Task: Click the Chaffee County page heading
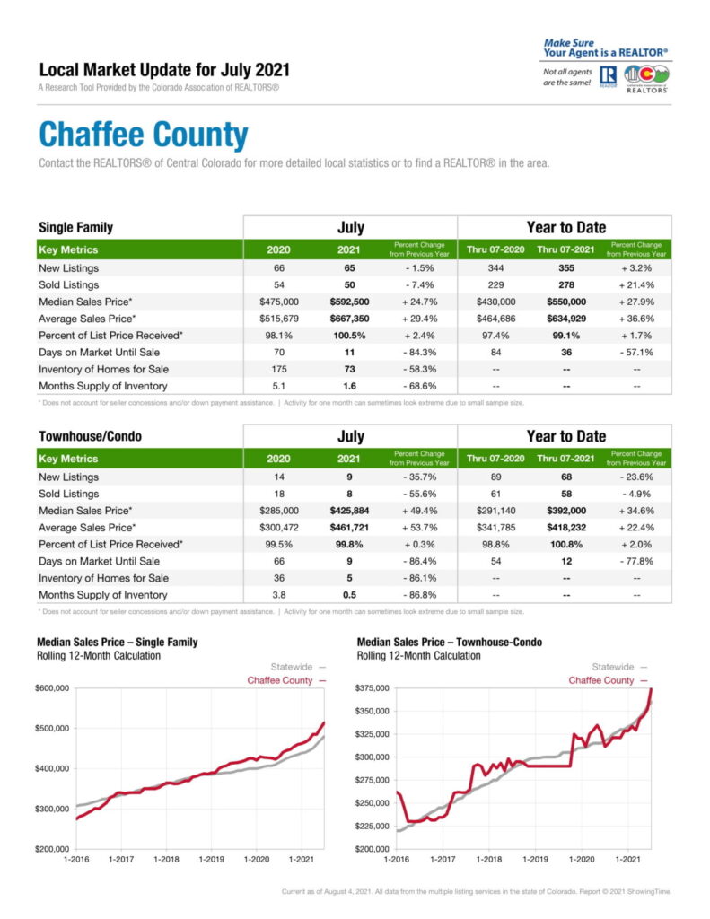[x=143, y=136]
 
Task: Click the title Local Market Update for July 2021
[x=164, y=70]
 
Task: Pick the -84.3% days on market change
[x=418, y=352]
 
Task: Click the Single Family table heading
[x=75, y=228]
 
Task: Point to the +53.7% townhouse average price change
[x=418, y=528]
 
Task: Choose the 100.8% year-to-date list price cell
[x=565, y=544]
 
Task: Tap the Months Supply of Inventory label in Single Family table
[x=102, y=386]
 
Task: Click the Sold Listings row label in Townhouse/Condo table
[x=68, y=494]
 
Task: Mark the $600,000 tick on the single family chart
[x=53, y=688]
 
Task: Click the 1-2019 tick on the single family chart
[x=211, y=859]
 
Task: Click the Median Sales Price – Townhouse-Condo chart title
[x=449, y=643]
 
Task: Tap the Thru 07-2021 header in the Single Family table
[x=565, y=249]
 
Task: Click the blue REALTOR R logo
[x=607, y=75]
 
